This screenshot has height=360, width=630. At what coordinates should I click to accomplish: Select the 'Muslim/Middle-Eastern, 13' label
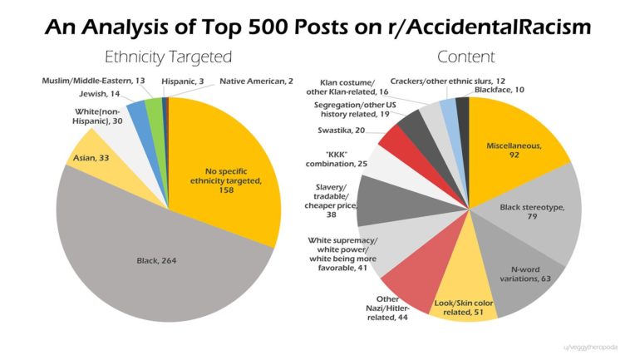[94, 81]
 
